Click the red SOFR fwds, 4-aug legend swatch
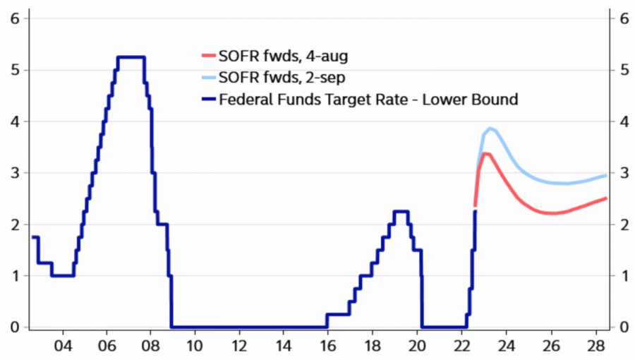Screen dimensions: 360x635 pyautogui.click(x=207, y=55)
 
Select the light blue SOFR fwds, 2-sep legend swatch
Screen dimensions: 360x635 pyautogui.click(x=207, y=77)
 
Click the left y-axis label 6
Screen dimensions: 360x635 pyautogui.click(x=14, y=18)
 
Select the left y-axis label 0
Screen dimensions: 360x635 pyautogui.click(x=14, y=327)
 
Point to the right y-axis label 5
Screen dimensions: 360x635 pyautogui.click(x=623, y=70)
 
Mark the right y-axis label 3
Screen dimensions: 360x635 pyautogui.click(x=623, y=173)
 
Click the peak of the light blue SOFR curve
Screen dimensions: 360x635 pyautogui.click(x=490, y=128)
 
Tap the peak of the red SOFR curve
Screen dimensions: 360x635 pyautogui.click(x=485, y=153)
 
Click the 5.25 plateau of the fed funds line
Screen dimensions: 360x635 pyautogui.click(x=131, y=57)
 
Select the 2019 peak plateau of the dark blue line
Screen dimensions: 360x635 pyautogui.click(x=401, y=211)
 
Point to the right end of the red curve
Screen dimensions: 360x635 pyautogui.click(x=606, y=198)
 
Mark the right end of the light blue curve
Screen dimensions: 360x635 pyautogui.click(x=606, y=175)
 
